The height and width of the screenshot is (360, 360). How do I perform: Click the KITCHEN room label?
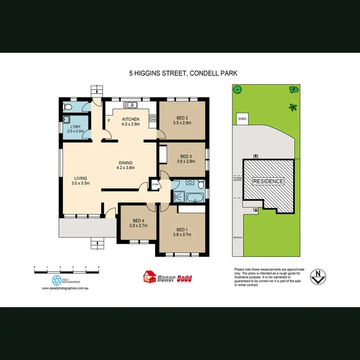tap(131, 119)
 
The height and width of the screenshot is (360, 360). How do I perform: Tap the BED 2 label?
tap(182, 117)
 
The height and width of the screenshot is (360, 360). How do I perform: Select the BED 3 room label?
tap(186, 156)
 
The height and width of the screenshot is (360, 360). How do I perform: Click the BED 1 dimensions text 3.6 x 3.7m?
tap(182, 235)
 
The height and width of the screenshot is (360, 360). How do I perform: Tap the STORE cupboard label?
tap(155, 184)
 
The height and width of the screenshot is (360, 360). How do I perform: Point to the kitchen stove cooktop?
tap(153, 118)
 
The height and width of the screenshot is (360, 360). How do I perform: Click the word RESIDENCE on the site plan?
tap(268, 181)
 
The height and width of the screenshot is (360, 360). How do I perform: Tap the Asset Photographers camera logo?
tap(57, 279)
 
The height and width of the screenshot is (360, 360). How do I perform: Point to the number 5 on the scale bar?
tap(98, 267)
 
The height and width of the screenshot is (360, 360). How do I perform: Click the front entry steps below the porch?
tap(97, 242)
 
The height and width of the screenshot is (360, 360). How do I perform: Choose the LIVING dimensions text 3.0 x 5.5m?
tap(81, 183)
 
